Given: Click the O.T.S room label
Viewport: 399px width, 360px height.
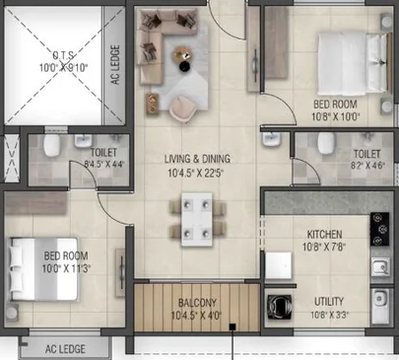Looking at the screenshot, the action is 63,55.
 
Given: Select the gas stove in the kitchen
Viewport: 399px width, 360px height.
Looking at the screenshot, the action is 380,229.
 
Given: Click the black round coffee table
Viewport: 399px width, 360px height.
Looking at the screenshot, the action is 185,66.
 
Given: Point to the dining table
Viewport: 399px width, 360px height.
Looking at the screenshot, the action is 197,219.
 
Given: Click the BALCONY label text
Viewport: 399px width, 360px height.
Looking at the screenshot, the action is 197,303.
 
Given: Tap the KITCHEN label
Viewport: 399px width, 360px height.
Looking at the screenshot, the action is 324,235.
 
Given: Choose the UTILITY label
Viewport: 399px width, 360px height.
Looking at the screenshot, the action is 329,302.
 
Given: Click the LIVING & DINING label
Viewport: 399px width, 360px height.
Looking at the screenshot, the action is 197,159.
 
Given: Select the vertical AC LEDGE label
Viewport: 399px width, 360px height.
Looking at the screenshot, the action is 115,65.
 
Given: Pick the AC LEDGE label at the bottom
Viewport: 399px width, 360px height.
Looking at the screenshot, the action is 65,349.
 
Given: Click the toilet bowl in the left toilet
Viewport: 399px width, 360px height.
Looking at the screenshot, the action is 52,145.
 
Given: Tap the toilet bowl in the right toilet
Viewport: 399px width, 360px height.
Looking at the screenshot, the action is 325,143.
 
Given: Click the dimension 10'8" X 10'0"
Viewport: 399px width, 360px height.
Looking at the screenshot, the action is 336,116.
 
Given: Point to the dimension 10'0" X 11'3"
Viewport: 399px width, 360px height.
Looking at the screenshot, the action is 66,268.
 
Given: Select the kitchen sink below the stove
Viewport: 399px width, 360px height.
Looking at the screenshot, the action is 380,267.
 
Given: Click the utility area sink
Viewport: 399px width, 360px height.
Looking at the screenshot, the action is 380,306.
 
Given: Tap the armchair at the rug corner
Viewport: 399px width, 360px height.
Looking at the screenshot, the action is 183,108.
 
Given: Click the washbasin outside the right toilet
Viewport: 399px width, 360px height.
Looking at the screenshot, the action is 271,140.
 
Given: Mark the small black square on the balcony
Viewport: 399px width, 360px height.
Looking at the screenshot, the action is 233,326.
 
